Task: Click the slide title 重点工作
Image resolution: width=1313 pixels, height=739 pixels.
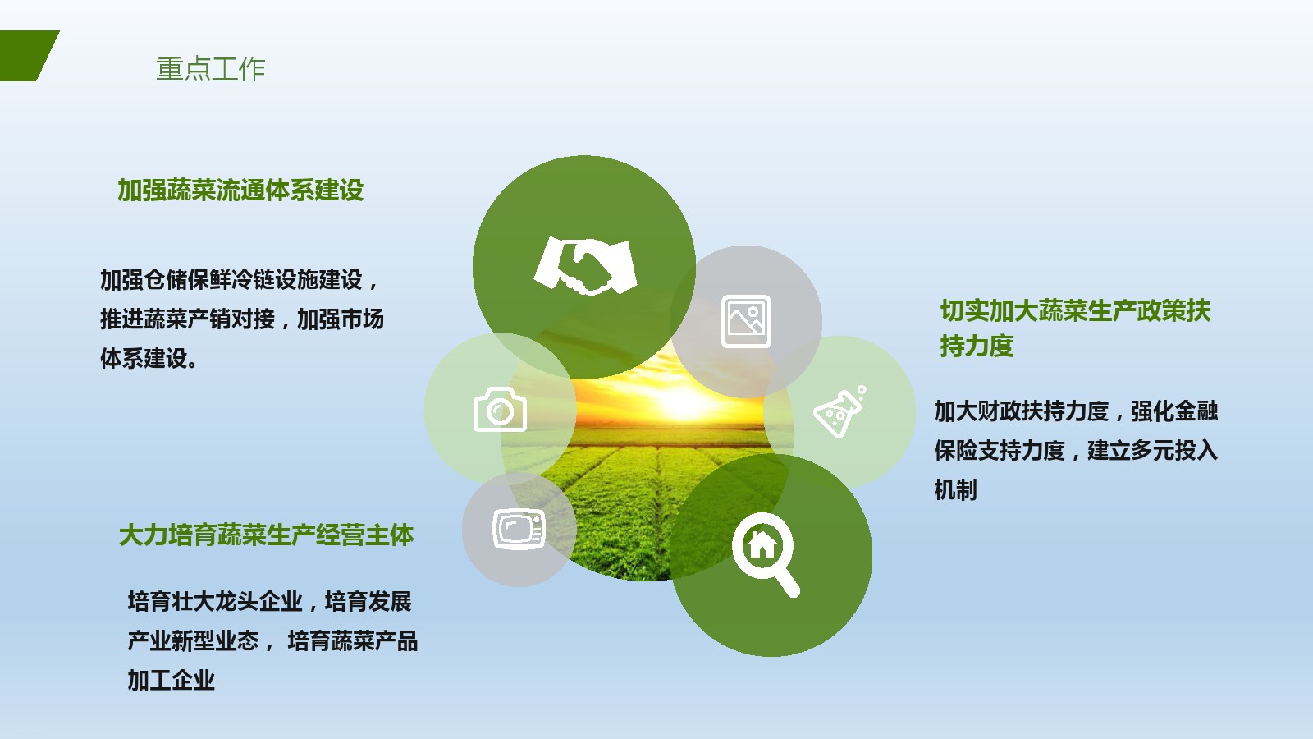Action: click(211, 69)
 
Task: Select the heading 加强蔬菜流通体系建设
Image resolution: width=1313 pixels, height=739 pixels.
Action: click(240, 190)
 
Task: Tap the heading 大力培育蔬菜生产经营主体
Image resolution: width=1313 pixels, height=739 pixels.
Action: click(266, 535)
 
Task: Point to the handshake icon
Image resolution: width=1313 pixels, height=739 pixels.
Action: click(585, 266)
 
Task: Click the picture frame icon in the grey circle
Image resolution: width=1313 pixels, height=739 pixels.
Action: click(746, 321)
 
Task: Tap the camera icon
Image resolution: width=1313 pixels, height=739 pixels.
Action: click(500, 410)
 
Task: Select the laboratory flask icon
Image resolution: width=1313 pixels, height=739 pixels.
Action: click(839, 411)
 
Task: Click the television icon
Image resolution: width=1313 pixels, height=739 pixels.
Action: click(519, 529)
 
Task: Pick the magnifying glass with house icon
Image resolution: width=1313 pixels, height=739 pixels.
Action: click(765, 553)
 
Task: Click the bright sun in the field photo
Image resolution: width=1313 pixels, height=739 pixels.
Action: click(680, 402)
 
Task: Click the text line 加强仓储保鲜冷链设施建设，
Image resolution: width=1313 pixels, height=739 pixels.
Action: click(240, 280)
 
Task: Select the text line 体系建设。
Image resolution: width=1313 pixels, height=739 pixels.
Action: click(149, 358)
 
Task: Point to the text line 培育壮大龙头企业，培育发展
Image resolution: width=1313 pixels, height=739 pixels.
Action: click(270, 602)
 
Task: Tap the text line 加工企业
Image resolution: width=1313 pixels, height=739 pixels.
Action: click(172, 681)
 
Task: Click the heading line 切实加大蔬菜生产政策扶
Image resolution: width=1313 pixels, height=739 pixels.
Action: click(1076, 311)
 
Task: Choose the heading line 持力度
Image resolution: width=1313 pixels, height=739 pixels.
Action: click(977, 346)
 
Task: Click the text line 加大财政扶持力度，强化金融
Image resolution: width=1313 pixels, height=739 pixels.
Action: click(1076, 411)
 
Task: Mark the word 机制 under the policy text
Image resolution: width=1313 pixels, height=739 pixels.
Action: click(955, 489)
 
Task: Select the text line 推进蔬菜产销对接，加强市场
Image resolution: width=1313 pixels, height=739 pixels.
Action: click(241, 319)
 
